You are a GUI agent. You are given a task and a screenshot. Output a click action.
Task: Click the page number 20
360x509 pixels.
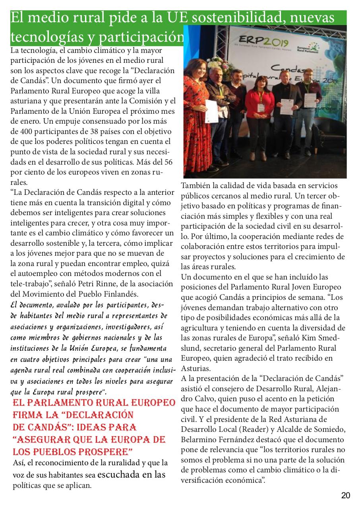[345, 495]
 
